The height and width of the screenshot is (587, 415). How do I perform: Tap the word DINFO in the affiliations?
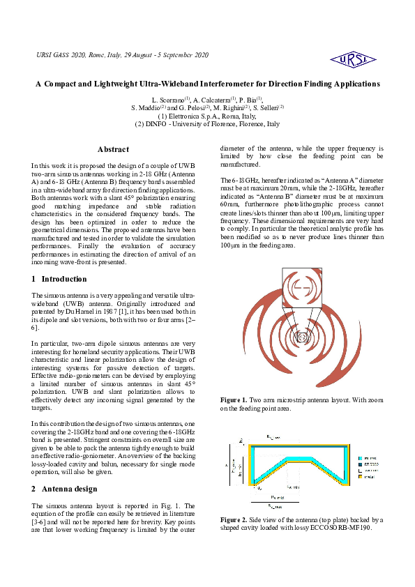159,123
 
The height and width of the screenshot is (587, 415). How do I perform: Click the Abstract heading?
113,149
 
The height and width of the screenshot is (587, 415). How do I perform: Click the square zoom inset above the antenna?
301,287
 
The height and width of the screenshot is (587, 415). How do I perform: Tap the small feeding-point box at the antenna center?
302,338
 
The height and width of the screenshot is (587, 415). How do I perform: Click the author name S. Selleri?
266,108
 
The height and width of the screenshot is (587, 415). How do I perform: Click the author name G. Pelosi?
191,108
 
